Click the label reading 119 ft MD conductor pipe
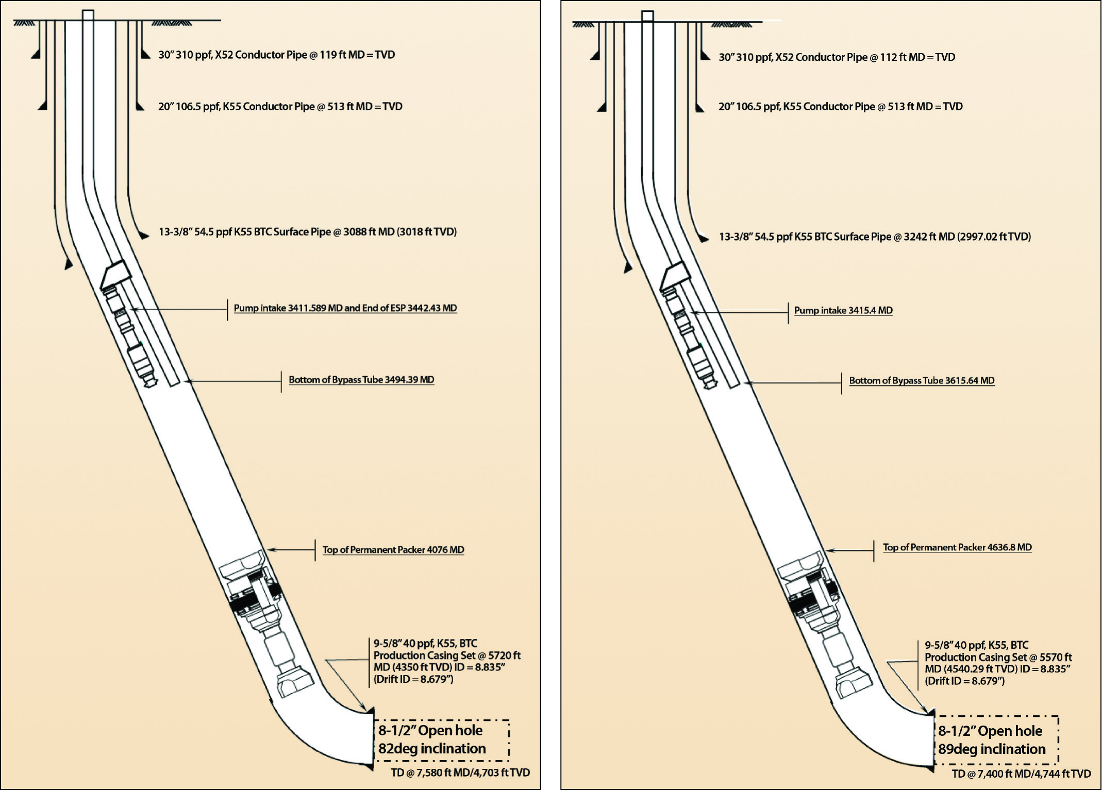point(276,55)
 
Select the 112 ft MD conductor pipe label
point(837,57)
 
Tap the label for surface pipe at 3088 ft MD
point(307,232)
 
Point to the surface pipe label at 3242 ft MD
point(875,237)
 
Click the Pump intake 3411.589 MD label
point(345,308)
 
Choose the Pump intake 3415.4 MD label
point(843,310)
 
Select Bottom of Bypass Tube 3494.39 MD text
point(361,380)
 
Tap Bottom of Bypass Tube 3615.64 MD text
point(922,381)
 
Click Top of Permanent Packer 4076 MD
point(393,550)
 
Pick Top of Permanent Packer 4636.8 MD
point(957,547)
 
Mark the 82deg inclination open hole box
point(441,740)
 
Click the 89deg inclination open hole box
point(996,740)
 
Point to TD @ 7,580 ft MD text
point(460,772)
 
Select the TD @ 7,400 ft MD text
point(1021,774)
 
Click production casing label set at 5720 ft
point(446,661)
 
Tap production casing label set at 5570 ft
point(998,663)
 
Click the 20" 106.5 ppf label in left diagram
point(280,107)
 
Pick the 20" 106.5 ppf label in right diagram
point(840,107)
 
